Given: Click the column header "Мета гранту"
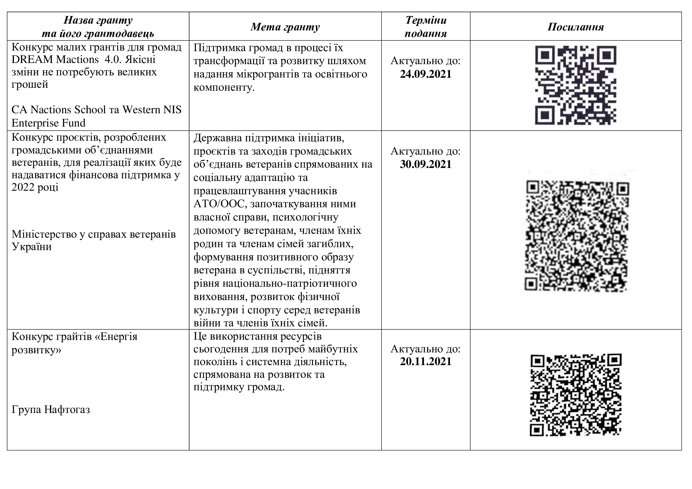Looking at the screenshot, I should [x=285, y=27].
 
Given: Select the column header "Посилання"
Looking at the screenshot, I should [x=575, y=27].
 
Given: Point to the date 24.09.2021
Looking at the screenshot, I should [x=425, y=74].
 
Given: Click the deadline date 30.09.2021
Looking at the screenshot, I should [x=425, y=164].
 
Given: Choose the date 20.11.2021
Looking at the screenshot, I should [x=425, y=361].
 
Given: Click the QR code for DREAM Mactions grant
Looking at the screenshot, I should [x=575, y=85].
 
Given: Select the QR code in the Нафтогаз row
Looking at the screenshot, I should [x=575, y=395].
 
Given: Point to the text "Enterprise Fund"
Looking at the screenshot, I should [x=49, y=123].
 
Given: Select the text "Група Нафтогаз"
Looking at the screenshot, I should [x=51, y=409].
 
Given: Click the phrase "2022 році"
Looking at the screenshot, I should [x=35, y=187].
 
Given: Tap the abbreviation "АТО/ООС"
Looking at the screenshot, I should [x=219, y=204].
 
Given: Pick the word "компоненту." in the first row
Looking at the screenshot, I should [x=224, y=88].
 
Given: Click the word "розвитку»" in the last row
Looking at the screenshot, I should [x=36, y=350].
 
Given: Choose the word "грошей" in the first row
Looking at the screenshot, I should [x=30, y=85].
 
